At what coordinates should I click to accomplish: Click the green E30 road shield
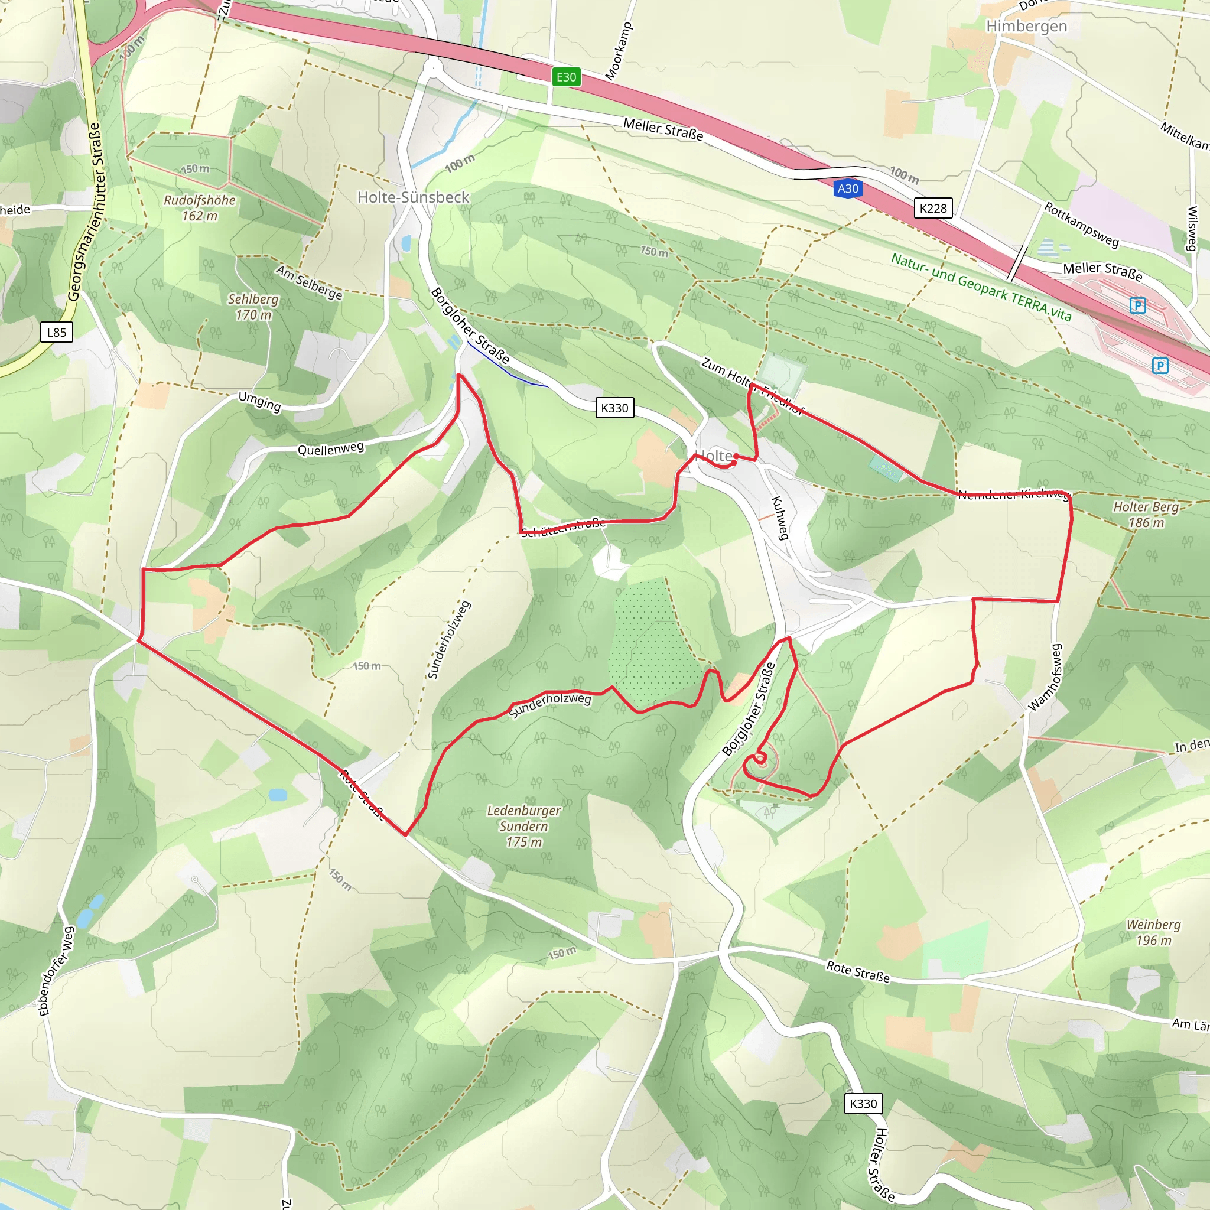[x=565, y=77]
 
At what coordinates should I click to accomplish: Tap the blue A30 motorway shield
[x=847, y=188]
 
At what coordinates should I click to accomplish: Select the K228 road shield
[x=932, y=209]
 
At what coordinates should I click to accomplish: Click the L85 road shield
[x=56, y=333]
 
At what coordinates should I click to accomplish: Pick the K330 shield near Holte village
[x=614, y=408]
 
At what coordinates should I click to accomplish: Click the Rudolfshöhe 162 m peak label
[x=200, y=208]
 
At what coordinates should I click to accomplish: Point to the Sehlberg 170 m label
[x=253, y=307]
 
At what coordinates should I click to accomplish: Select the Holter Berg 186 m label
[x=1146, y=514]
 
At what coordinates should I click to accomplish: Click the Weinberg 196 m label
[x=1153, y=932]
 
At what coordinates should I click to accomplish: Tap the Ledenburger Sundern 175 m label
[x=523, y=826]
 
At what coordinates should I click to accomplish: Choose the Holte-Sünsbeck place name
[x=413, y=197]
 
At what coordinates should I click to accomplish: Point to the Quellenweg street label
[x=330, y=448]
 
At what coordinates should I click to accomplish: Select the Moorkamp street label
[x=619, y=51]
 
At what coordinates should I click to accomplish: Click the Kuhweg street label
[x=780, y=518]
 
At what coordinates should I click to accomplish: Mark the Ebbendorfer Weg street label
[x=56, y=971]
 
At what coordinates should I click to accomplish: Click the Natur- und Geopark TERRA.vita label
[x=981, y=287]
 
